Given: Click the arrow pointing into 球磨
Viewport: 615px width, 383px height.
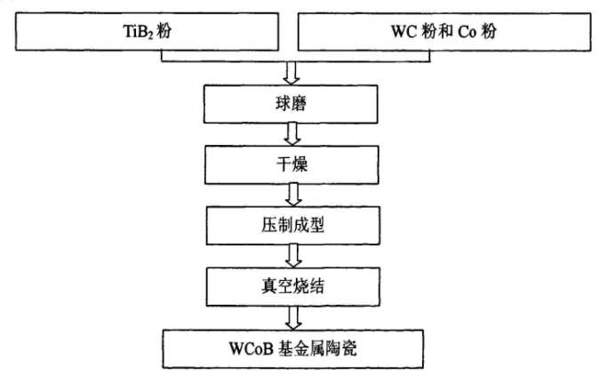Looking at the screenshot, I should pyautogui.click(x=292, y=71).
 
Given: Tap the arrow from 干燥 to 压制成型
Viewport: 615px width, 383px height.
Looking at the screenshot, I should pyautogui.click(x=292, y=193).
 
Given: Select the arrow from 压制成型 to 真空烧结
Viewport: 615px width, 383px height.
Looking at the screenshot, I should pyautogui.click(x=292, y=254).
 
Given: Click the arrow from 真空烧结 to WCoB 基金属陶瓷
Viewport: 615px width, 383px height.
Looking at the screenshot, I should pyautogui.click(x=292, y=315).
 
